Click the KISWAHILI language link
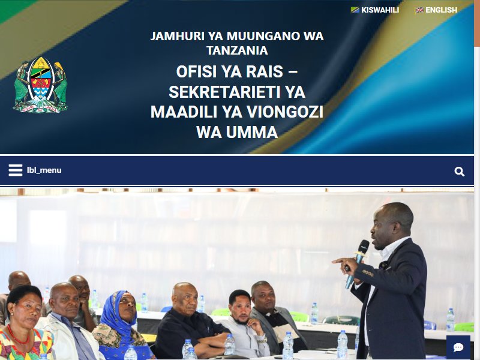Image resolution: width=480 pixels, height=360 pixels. click(x=380, y=10)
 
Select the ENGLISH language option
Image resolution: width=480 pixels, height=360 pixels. click(x=441, y=10)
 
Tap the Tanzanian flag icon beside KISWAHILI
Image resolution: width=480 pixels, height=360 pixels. click(x=355, y=10)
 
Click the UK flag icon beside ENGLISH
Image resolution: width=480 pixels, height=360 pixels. click(x=419, y=10)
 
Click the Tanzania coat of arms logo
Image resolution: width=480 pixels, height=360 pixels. click(x=40, y=85)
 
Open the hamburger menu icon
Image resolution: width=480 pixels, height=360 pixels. click(x=16, y=170)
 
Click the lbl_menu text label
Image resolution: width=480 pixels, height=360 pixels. click(x=44, y=170)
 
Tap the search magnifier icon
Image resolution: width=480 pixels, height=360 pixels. click(x=459, y=172)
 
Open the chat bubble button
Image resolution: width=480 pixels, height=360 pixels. click(x=458, y=347)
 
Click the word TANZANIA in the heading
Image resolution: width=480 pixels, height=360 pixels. click(x=237, y=50)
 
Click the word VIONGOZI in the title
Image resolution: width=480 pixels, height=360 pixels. click(x=285, y=112)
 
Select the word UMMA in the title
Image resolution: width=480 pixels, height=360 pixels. click(x=252, y=132)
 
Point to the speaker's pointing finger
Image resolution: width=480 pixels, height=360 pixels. click(x=337, y=261)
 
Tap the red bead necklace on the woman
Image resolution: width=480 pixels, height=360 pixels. click(x=18, y=335)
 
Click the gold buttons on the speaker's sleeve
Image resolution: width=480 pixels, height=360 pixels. click(x=368, y=273)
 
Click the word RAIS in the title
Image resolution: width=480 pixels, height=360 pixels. click(x=265, y=71)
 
